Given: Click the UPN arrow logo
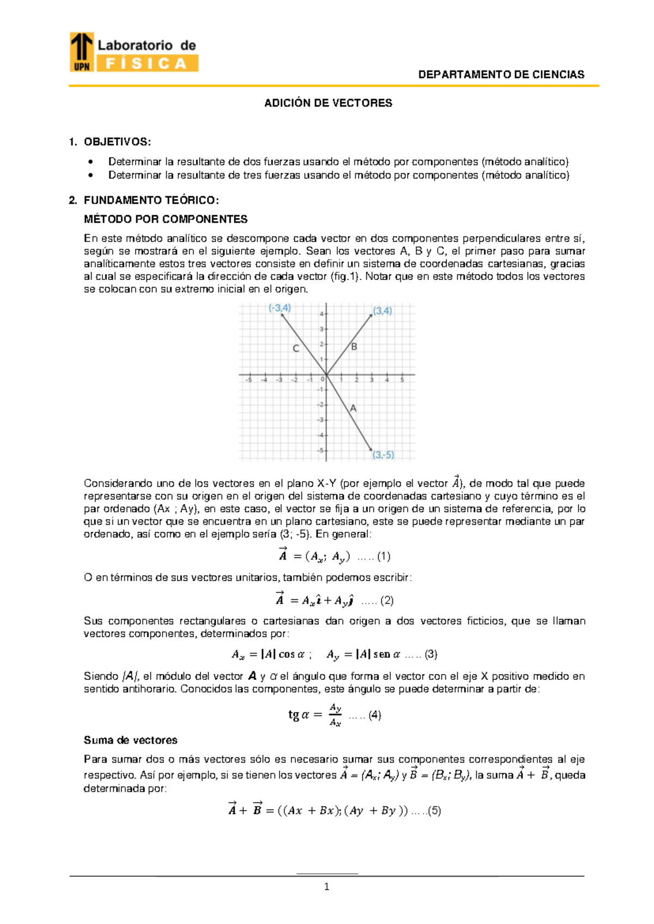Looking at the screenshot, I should [x=82, y=51].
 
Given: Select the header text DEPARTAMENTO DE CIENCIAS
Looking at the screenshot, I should [x=501, y=75].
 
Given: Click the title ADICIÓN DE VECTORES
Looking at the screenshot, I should [x=328, y=103].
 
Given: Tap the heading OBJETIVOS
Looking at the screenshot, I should [x=117, y=142].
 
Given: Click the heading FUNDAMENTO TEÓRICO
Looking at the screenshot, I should [x=151, y=200].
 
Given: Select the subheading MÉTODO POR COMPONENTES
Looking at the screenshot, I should [x=166, y=219].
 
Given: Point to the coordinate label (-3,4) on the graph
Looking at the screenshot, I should [x=280, y=308].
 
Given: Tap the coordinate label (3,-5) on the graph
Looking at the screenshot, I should [x=383, y=454].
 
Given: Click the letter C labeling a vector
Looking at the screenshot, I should [x=296, y=348].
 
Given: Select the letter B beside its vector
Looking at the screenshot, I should [x=354, y=346].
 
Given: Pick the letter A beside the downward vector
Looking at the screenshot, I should [x=353, y=408].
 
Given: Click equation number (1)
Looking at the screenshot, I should [x=384, y=556].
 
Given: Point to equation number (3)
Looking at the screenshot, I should [x=431, y=654].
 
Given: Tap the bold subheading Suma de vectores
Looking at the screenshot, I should [x=130, y=740].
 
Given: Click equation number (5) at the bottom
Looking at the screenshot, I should [x=434, y=810].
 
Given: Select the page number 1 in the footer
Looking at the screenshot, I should [x=326, y=887].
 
